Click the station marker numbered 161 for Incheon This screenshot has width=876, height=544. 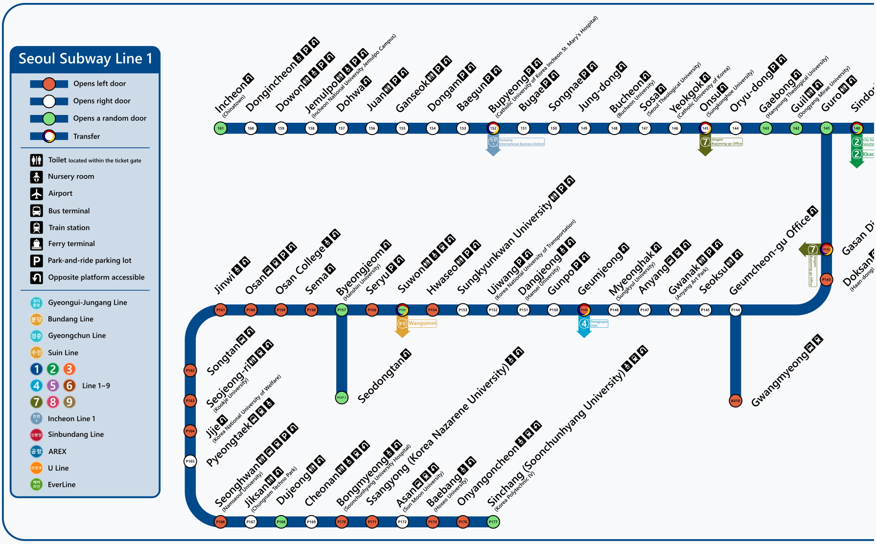[221, 128]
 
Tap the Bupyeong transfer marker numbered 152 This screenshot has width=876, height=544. [493, 128]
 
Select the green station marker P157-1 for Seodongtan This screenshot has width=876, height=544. [342, 398]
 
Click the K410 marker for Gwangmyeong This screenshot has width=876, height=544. [735, 401]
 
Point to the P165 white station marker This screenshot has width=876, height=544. [190, 461]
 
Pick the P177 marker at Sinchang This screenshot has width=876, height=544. [493, 522]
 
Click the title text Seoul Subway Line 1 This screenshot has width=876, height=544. [85, 59]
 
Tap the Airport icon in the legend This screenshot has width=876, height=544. [37, 194]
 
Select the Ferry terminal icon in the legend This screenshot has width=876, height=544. [37, 244]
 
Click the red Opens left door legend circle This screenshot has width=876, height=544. [49, 84]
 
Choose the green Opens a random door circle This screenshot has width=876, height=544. [49, 118]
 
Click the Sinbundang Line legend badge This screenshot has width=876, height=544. [37, 434]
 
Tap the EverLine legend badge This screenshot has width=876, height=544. [37, 484]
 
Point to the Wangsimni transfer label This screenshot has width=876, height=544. [422, 323]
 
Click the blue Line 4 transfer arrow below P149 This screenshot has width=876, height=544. [584, 327]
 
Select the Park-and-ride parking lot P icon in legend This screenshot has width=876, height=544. [37, 261]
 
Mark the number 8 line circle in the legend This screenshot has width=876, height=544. [53, 402]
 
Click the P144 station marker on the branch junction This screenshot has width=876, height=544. [735, 310]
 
